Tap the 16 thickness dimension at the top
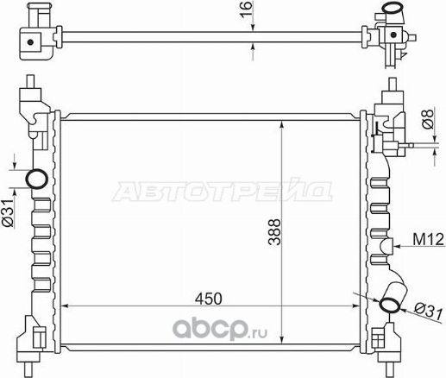point(247,10)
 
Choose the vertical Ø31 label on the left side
point(7,212)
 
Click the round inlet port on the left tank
point(37,180)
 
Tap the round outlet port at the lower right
point(391,303)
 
